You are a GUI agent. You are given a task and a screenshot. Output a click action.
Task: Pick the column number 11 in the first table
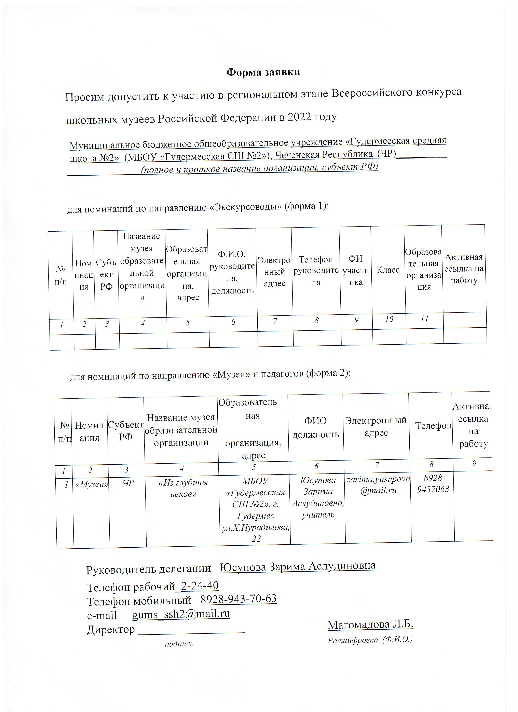[424, 319]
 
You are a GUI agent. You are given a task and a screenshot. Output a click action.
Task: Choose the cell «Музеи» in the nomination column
[92, 484]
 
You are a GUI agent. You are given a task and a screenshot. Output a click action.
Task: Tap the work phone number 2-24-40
[200, 586]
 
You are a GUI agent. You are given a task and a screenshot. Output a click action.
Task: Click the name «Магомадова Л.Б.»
[370, 624]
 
